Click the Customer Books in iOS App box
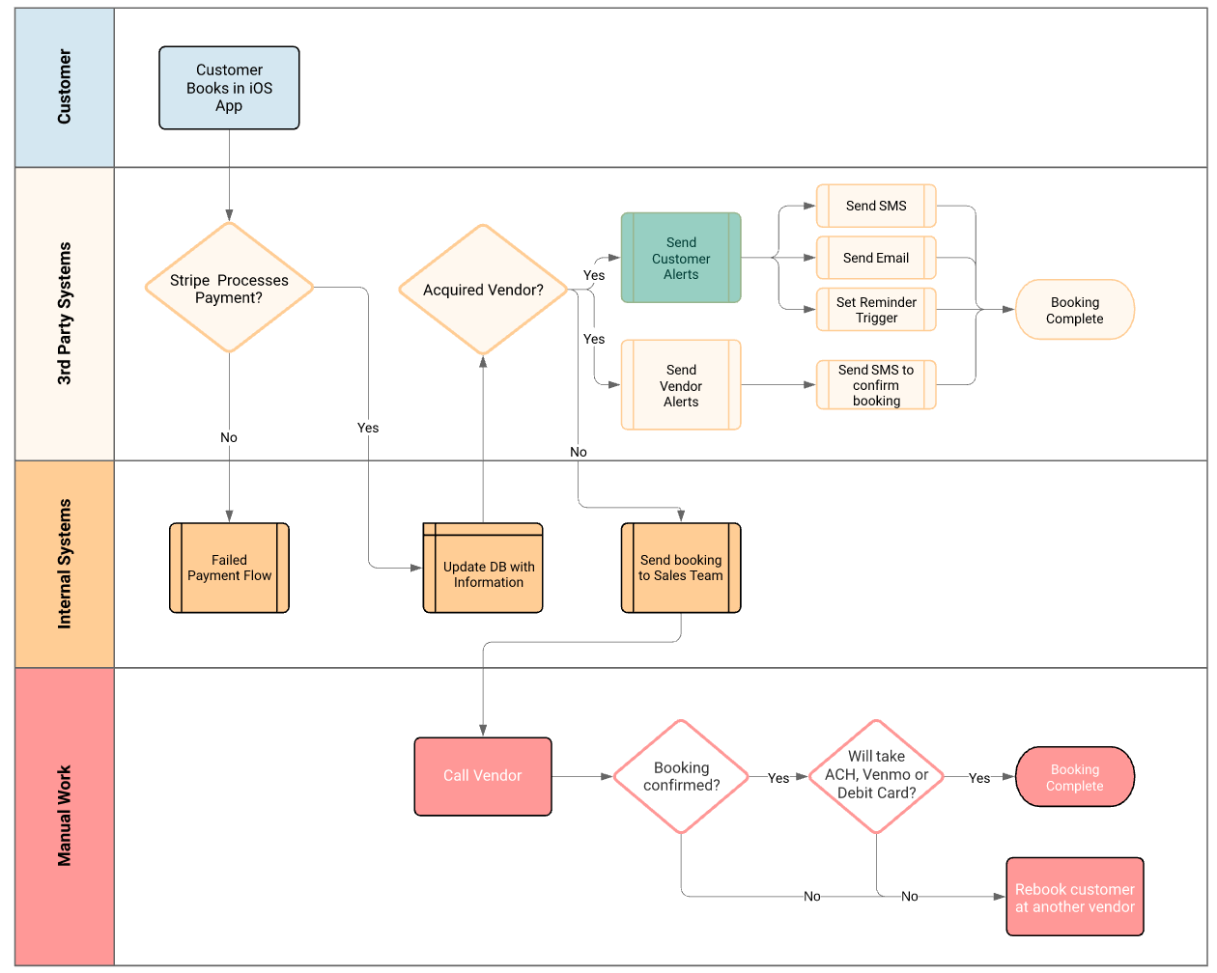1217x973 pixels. tap(229, 88)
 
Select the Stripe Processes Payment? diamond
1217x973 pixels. tap(229, 288)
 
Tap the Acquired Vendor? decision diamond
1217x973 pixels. tap(483, 290)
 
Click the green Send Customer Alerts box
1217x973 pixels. tap(681, 258)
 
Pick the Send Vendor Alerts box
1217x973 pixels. tap(681, 385)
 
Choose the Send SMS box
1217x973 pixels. tap(876, 206)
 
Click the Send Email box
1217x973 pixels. tap(876, 258)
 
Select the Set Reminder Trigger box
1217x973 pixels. tap(876, 310)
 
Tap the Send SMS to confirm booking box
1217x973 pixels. tap(876, 385)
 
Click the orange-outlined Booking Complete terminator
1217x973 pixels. tap(1074, 310)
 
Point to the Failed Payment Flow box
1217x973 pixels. tap(229, 568)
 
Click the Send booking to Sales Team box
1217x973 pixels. tap(681, 568)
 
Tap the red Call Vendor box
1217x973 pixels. tap(483, 776)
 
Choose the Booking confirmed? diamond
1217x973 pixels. tap(681, 776)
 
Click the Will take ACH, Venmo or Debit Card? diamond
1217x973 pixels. tap(876, 776)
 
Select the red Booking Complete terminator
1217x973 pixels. tap(1074, 776)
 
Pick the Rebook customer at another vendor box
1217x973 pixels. tap(1074, 897)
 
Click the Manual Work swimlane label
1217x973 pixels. tap(65, 816)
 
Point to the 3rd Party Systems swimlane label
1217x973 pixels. tap(65, 314)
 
